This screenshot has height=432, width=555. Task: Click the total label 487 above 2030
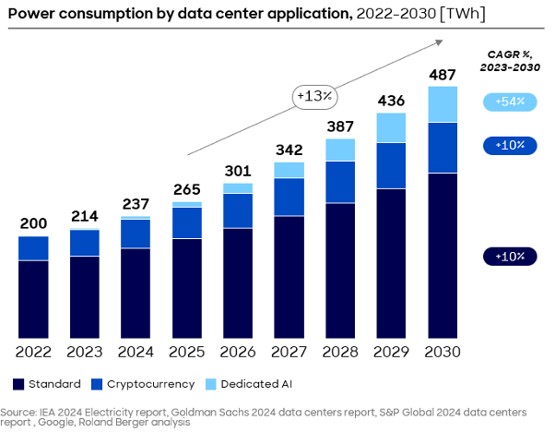(443, 74)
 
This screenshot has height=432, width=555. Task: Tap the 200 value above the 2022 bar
(33, 224)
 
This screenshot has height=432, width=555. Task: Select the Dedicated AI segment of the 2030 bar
(443, 104)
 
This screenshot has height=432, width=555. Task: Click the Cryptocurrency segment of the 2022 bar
(33, 248)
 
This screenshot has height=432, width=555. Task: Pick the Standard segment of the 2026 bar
(238, 282)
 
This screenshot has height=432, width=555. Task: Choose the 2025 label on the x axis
(187, 352)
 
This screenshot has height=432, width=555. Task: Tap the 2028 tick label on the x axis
(340, 352)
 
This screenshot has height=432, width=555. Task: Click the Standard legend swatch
(18, 384)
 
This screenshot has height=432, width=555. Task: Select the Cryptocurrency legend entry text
(150, 384)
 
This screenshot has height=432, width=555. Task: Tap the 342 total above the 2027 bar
(289, 150)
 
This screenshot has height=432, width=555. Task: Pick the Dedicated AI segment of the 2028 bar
(340, 150)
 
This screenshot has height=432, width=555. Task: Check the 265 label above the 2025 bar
(187, 189)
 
